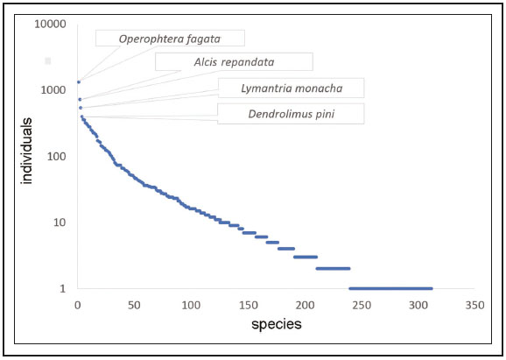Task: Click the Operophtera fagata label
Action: pyautogui.click(x=169, y=38)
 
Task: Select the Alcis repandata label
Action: pyautogui.click(x=233, y=62)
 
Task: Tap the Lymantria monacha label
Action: pyautogui.click(x=291, y=88)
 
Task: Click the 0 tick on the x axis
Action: pyautogui.click(x=77, y=306)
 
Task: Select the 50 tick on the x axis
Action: pyautogui.click(x=134, y=306)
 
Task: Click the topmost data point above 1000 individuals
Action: pyautogui.click(x=79, y=82)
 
